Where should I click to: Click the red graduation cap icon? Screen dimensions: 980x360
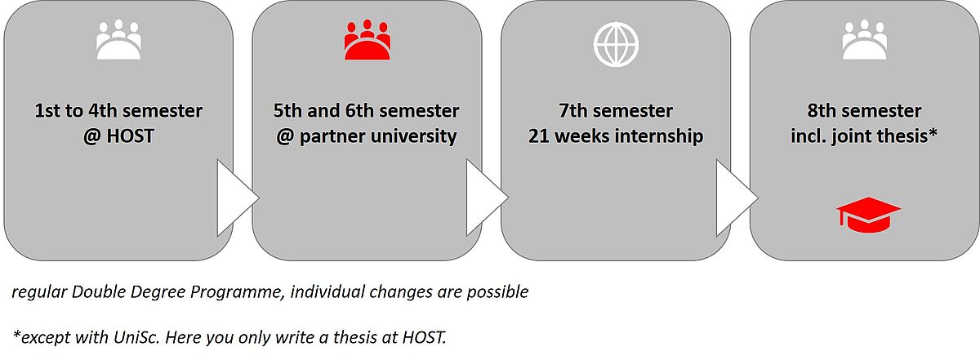click(x=868, y=215)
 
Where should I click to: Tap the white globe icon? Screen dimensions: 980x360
click(x=616, y=44)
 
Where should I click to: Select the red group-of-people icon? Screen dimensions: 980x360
click(x=367, y=39)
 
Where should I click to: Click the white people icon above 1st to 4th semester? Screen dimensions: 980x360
click(x=118, y=39)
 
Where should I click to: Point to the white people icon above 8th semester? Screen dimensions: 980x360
click(x=865, y=39)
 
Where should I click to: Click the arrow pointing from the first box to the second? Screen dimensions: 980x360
click(x=236, y=198)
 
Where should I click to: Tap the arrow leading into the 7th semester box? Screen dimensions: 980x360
click(x=486, y=198)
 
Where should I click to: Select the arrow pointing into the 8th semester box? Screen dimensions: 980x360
click(x=736, y=198)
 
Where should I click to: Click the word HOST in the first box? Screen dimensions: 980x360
click(x=130, y=136)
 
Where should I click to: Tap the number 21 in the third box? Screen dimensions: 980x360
click(x=538, y=136)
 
